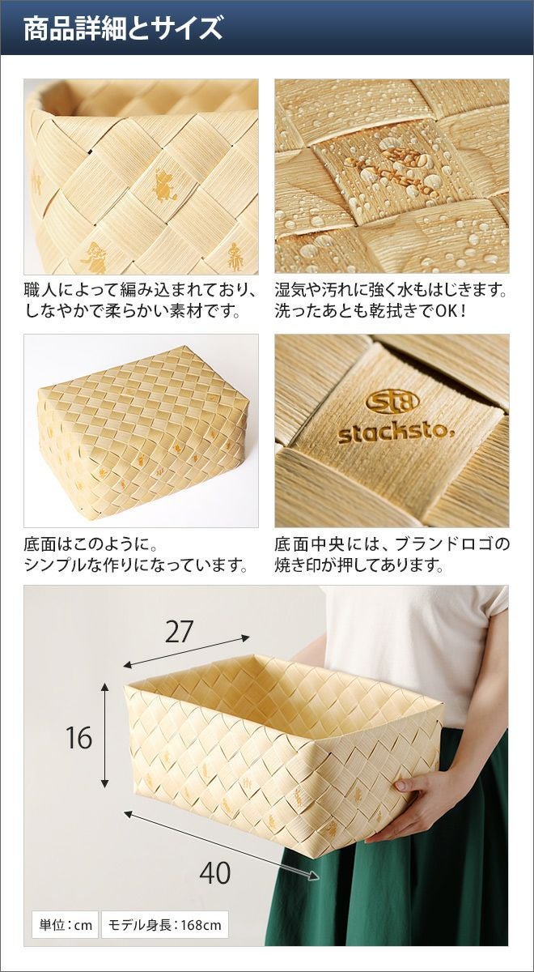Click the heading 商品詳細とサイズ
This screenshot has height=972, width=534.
pyautogui.click(x=123, y=28)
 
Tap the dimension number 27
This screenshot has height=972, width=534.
pyautogui.click(x=179, y=633)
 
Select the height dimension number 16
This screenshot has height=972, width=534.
pyautogui.click(x=79, y=737)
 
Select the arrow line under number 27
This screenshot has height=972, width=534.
pyautogui.click(x=187, y=651)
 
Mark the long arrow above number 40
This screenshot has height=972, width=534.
pyautogui.click(x=222, y=831)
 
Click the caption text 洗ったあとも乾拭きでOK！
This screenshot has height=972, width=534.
pyautogui.click(x=371, y=311)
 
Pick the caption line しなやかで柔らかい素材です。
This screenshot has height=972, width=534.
pyautogui.click(x=132, y=311)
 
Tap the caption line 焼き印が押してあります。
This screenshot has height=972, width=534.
pyautogui.click(x=359, y=565)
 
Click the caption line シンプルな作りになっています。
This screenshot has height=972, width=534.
pyautogui.click(x=136, y=565)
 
